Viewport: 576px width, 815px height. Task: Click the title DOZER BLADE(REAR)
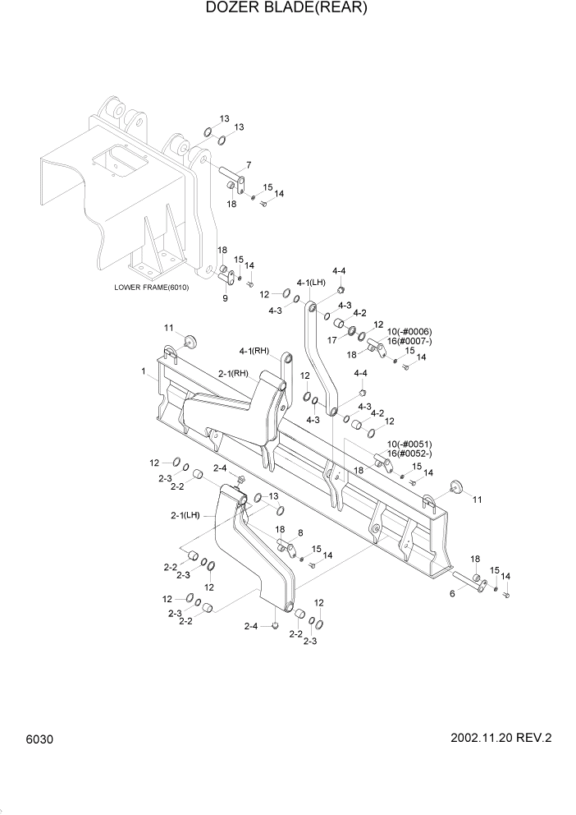coord(286,9)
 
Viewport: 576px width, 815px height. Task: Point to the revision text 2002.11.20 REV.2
coord(501,738)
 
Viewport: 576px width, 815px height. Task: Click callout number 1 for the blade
coord(144,371)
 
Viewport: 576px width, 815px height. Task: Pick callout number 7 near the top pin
coord(249,165)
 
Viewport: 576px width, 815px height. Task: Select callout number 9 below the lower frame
coord(225,298)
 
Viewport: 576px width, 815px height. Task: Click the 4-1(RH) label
coord(254,351)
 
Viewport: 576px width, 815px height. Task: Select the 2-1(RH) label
coord(233,373)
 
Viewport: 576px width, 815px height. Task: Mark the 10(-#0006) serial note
coord(409,331)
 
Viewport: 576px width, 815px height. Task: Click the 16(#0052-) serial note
coord(409,454)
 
